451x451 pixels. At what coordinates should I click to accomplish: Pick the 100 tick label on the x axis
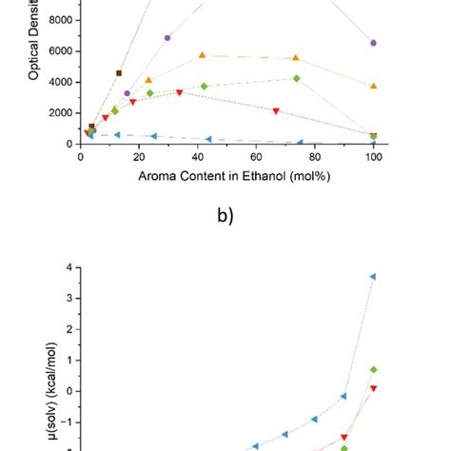pos(374,156)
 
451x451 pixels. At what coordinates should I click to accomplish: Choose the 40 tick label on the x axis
pos(198,156)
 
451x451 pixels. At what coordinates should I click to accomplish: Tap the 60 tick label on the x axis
pos(257,156)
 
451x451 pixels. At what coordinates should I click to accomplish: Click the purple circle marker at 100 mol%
pos(373,43)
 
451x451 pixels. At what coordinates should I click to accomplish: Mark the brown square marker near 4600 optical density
pos(119,73)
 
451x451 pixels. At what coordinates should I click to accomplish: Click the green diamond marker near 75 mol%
pos(297,78)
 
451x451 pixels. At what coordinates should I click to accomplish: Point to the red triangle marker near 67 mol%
pos(276,111)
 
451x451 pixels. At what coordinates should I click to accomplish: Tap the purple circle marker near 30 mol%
pos(167,38)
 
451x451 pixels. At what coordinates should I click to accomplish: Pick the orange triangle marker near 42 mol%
pos(202,56)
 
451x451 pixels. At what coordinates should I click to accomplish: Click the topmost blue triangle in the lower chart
pos(373,276)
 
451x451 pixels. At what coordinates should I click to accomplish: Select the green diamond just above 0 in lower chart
pos(374,369)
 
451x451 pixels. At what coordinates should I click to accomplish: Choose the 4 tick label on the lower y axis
pos(67,267)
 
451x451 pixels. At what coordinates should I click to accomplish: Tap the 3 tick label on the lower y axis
pos(67,298)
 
